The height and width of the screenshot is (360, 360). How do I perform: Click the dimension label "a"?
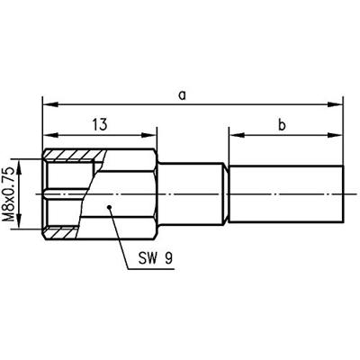[x=182, y=94]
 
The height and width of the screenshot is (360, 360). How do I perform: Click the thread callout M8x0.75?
[x=13, y=193]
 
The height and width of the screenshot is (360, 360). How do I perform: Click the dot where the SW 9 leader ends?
[x=109, y=208]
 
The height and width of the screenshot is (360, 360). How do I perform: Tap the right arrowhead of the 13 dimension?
[x=154, y=135]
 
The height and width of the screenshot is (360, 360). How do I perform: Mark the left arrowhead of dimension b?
[x=232, y=135]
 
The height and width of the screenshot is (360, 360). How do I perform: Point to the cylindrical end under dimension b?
[x=286, y=193]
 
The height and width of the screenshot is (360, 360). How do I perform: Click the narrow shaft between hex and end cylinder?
[x=192, y=193]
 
